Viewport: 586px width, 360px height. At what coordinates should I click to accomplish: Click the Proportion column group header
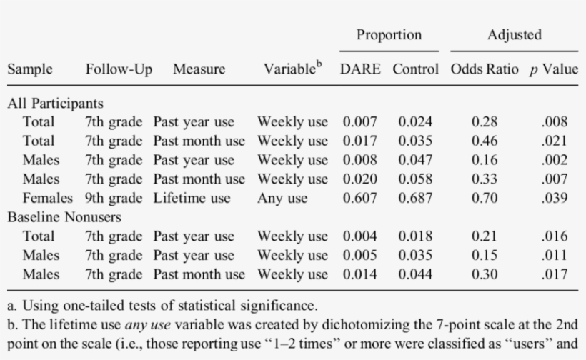tap(389, 35)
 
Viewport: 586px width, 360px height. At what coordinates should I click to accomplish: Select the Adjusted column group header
tap(515, 35)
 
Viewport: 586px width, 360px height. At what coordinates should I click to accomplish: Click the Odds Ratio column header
tap(484, 69)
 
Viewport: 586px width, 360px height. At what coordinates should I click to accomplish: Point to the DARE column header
tap(362, 69)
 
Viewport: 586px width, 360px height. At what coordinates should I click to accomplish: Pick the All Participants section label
tap(56, 103)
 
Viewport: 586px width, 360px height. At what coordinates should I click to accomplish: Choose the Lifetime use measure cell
tap(192, 199)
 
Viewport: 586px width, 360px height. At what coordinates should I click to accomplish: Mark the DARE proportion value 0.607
tap(360, 199)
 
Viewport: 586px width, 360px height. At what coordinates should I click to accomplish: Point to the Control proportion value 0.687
tap(415, 199)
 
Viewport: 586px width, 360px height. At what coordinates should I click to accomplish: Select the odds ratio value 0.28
tap(484, 122)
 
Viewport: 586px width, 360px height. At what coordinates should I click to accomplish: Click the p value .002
tap(554, 160)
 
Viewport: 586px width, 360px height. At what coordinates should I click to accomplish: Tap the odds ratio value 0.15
tap(484, 255)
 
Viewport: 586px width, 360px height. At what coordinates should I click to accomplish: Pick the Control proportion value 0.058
tap(415, 179)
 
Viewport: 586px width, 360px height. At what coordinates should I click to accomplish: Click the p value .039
tap(554, 199)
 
